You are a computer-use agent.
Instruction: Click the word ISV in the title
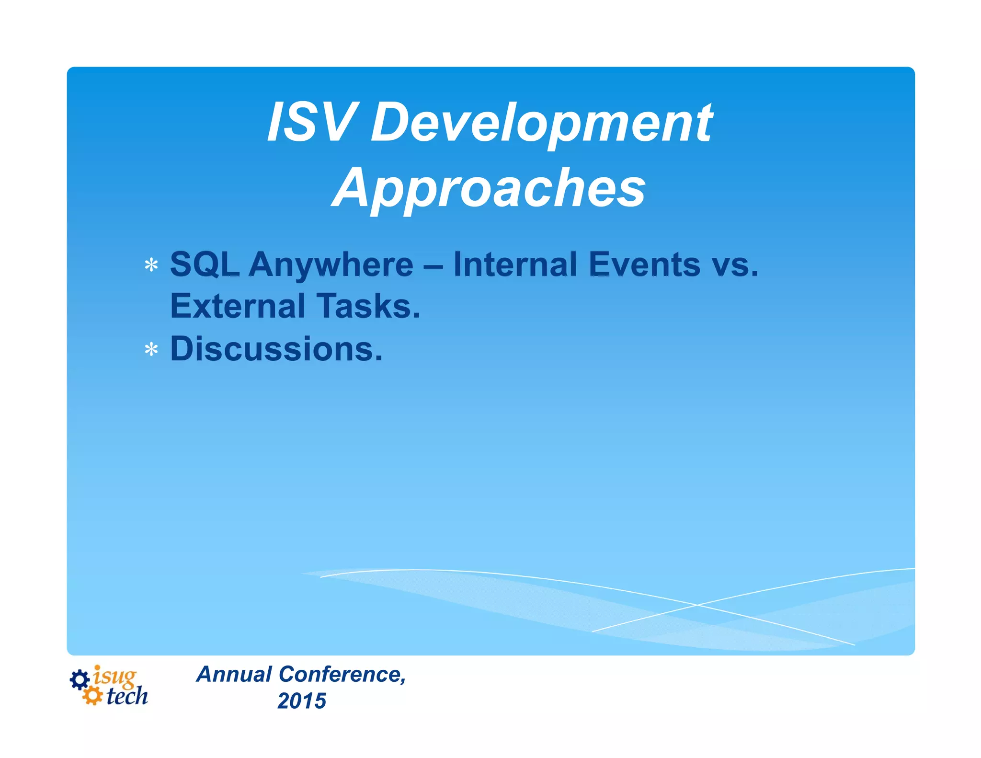pyautogui.click(x=312, y=123)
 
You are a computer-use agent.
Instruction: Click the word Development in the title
pyautogui.click(x=541, y=124)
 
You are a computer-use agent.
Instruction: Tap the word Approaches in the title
pyautogui.click(x=489, y=189)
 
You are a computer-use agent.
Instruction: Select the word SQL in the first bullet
pyautogui.click(x=205, y=264)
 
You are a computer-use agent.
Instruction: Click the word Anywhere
pyautogui.click(x=331, y=265)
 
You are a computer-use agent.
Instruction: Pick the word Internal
pyautogui.click(x=515, y=264)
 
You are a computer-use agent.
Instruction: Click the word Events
pyautogui.click(x=644, y=264)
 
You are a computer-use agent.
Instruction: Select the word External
pyautogui.click(x=238, y=306)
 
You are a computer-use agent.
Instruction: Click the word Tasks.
pyautogui.click(x=368, y=306)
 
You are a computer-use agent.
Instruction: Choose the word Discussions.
pyautogui.click(x=276, y=349)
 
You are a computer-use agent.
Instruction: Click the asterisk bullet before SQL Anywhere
pyautogui.click(x=151, y=265)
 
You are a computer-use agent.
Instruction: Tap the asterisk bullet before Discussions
pyautogui.click(x=151, y=350)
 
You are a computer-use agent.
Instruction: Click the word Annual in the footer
pyautogui.click(x=234, y=674)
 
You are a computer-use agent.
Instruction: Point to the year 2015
pyautogui.click(x=302, y=701)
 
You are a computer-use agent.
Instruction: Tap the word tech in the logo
pyautogui.click(x=127, y=697)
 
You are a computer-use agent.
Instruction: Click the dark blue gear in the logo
pyautogui.click(x=80, y=679)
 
